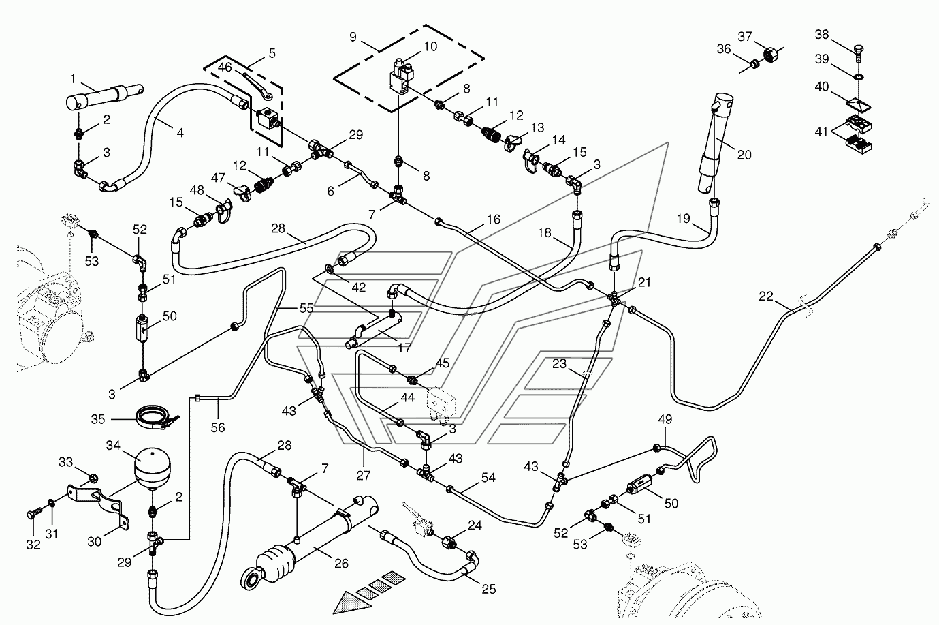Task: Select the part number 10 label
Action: (x=430, y=47)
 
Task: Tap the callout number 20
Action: (x=744, y=155)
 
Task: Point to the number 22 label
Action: (x=766, y=296)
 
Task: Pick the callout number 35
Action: (x=98, y=418)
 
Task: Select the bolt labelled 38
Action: (x=859, y=50)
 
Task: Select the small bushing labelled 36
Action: (x=754, y=65)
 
